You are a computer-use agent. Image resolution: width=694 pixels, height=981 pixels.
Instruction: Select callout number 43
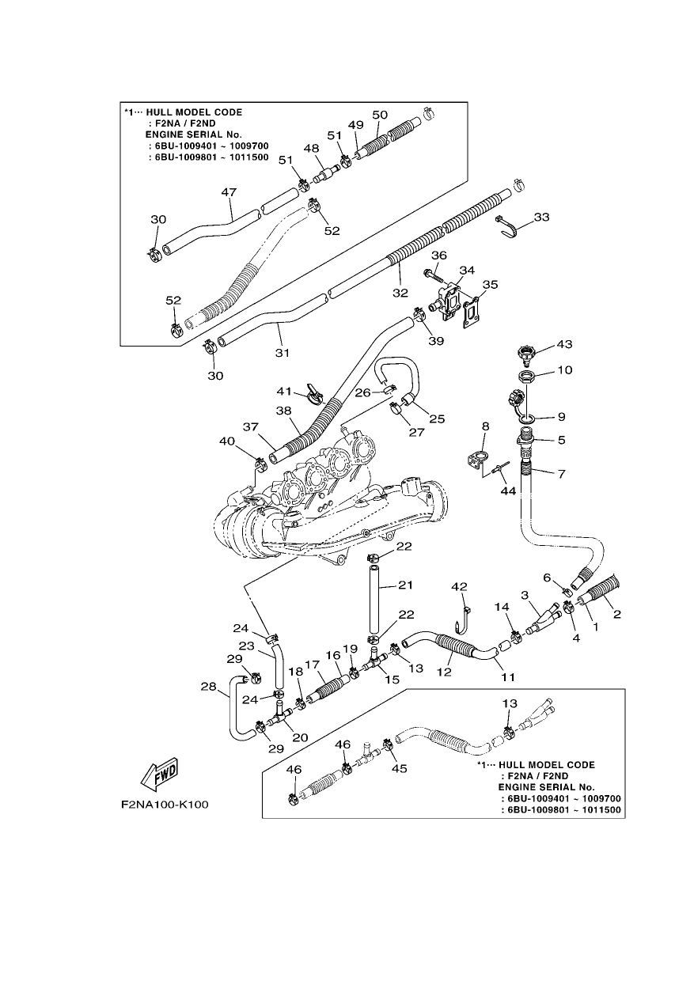pyautogui.click(x=564, y=344)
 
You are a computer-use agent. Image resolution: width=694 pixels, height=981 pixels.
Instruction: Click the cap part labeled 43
pyautogui.click(x=525, y=354)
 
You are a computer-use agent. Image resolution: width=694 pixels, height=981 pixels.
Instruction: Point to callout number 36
pyautogui.click(x=439, y=255)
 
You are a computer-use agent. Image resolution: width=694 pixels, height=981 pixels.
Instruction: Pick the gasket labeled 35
pyautogui.click(x=472, y=312)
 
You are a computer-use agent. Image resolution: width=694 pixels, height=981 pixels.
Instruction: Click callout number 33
pyautogui.click(x=541, y=217)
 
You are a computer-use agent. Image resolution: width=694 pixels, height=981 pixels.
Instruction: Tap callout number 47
pyautogui.click(x=229, y=191)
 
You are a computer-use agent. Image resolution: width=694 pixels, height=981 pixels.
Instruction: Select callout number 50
pyautogui.click(x=380, y=115)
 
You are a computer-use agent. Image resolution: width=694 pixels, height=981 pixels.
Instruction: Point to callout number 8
pyautogui.click(x=485, y=426)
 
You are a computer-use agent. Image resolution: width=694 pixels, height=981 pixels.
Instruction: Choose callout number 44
pyautogui.click(x=508, y=491)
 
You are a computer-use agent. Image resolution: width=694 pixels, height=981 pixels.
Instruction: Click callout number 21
pyautogui.click(x=405, y=585)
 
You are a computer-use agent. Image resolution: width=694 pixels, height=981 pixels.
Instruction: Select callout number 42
pyautogui.click(x=459, y=586)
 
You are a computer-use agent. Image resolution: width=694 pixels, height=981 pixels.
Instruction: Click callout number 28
pyautogui.click(x=209, y=686)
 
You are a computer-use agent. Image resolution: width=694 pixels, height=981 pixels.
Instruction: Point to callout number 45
pyautogui.click(x=400, y=768)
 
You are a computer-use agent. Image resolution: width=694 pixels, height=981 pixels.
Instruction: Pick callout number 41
pyautogui.click(x=284, y=391)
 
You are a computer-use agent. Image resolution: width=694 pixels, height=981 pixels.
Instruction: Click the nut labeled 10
pyautogui.click(x=525, y=376)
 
